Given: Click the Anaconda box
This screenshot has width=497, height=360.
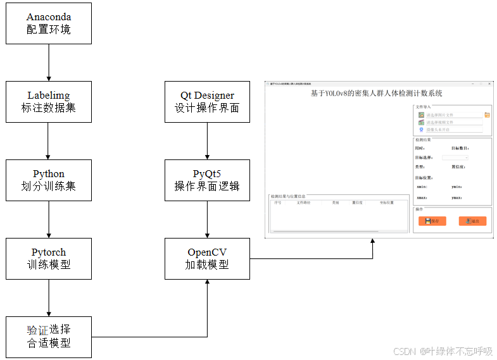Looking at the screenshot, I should pyautogui.click(x=49, y=23).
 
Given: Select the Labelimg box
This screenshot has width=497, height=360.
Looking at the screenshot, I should pyautogui.click(x=49, y=101).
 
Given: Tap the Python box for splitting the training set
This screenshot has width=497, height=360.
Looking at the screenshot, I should pyautogui.click(x=49, y=180).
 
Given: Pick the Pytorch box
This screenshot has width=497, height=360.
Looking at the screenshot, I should pyautogui.click(x=49, y=258).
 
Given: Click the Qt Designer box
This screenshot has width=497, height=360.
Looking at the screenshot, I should pyautogui.click(x=207, y=101).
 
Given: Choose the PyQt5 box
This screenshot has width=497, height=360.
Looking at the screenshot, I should pyautogui.click(x=207, y=180).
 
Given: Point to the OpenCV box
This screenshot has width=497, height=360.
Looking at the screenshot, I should pyautogui.click(x=207, y=258).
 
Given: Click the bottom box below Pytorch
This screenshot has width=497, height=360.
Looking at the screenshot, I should pyautogui.click(x=49, y=337).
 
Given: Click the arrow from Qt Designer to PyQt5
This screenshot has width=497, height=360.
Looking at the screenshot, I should pyautogui.click(x=207, y=140).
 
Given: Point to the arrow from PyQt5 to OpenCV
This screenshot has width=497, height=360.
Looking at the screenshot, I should pyautogui.click(x=207, y=219).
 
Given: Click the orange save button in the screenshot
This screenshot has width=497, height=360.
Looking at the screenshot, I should pyautogui.click(x=432, y=221).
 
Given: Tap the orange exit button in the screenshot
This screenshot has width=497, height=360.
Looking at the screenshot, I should pyautogui.click(x=472, y=221).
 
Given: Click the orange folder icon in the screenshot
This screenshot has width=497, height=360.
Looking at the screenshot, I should pyautogui.click(x=488, y=115).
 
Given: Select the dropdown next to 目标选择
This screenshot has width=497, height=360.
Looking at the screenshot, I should pyautogui.click(x=455, y=157).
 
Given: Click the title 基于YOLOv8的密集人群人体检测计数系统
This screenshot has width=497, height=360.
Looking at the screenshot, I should pyautogui.click(x=376, y=94).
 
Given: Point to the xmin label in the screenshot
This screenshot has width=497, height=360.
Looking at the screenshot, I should pyautogui.click(x=422, y=187).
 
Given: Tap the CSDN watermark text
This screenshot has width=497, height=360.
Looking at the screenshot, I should pyautogui.click(x=443, y=351).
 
